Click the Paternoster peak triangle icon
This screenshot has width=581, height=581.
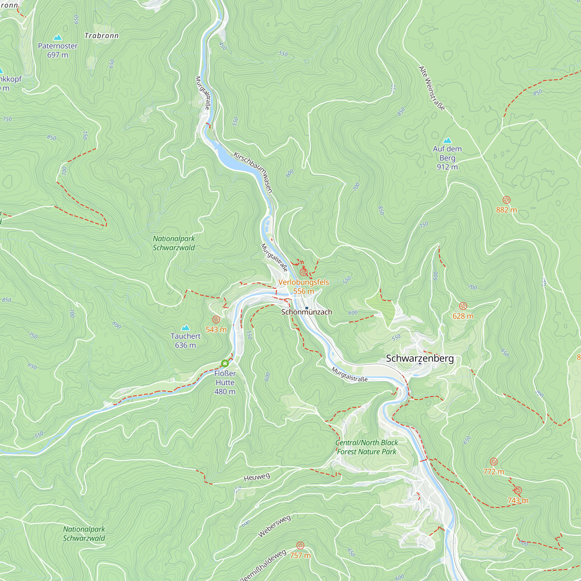click(58, 37)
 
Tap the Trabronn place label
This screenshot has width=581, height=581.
click(101, 36)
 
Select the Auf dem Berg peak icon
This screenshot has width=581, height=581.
click(447, 140)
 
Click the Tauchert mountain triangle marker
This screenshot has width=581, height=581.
click(186, 327)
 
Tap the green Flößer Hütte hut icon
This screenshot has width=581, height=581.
click(225, 364)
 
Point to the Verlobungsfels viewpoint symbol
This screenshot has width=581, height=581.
click(304, 272)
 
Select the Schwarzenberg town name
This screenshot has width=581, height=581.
click(420, 358)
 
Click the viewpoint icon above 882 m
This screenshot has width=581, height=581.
click(506, 200)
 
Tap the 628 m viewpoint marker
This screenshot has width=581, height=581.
click(463, 306)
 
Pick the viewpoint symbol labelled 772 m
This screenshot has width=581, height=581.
click(494, 462)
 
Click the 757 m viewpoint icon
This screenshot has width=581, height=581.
click(300, 545)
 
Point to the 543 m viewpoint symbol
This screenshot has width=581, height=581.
click(216, 319)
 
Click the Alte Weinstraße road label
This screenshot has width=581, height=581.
click(432, 88)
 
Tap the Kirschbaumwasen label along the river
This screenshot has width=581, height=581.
click(253, 172)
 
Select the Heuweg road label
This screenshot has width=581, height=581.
click(257, 477)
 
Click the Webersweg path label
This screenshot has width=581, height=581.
click(275, 526)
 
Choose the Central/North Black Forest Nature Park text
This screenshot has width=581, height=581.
click(366, 447)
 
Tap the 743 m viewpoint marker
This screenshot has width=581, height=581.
click(518, 491)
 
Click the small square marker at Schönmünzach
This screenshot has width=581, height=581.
click(307, 308)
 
